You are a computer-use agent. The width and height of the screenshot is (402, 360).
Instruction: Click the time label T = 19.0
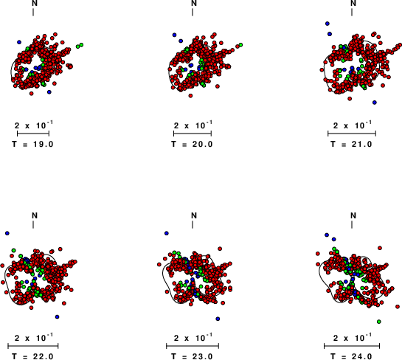click(x=32, y=144)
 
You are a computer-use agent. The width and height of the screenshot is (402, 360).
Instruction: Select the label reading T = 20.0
click(x=193, y=144)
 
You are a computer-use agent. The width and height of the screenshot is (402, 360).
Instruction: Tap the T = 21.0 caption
click(x=352, y=144)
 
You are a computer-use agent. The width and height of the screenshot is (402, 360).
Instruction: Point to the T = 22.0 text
click(x=32, y=356)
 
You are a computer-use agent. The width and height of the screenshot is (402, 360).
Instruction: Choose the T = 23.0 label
click(x=193, y=356)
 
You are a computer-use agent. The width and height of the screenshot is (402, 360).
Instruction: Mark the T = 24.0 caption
click(x=352, y=356)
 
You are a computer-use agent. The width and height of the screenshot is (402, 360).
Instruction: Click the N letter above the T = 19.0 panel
click(x=35, y=3)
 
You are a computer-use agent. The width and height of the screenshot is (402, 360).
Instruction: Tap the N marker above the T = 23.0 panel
click(x=194, y=215)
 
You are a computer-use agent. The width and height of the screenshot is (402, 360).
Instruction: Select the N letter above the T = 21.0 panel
click(x=353, y=3)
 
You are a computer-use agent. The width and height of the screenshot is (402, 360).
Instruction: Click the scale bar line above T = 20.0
click(x=193, y=134)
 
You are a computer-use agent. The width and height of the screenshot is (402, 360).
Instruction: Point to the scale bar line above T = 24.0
click(x=352, y=346)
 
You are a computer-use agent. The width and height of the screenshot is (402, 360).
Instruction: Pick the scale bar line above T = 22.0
click(x=33, y=346)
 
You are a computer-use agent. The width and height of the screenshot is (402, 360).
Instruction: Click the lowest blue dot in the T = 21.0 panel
click(x=375, y=103)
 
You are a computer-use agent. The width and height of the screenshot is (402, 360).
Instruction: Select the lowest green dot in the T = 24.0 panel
click(x=379, y=322)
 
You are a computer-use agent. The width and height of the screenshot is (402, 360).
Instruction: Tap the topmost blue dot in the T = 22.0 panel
click(x=7, y=233)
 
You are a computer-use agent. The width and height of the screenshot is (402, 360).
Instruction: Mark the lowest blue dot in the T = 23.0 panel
click(x=218, y=319)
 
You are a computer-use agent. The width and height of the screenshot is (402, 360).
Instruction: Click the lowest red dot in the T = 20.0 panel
click(x=190, y=96)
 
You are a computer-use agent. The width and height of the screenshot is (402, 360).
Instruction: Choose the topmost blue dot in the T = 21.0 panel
click(x=328, y=24)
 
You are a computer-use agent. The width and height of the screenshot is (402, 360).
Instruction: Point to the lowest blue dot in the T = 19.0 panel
click(x=49, y=92)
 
